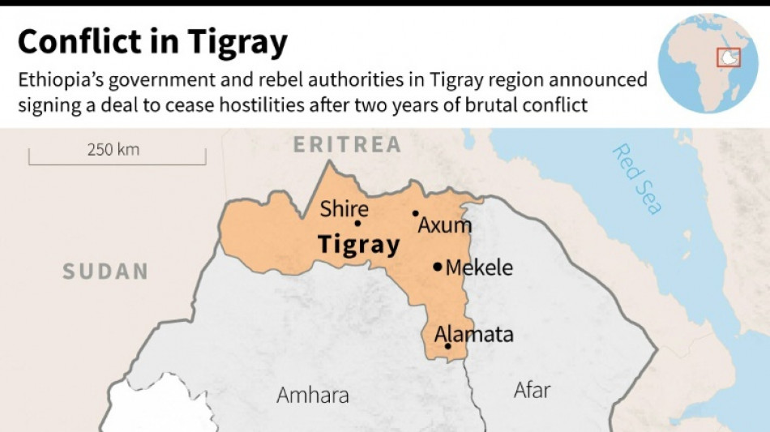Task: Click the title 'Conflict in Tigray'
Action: (x=152, y=42)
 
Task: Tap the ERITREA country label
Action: (x=347, y=145)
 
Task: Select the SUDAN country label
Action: (x=105, y=272)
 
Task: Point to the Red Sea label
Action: (x=637, y=179)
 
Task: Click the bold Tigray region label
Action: (x=358, y=245)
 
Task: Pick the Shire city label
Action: (x=344, y=209)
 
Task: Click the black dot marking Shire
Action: (x=357, y=224)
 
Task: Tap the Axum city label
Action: (x=444, y=225)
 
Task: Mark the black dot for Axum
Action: (x=416, y=214)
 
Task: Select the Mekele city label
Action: (x=479, y=267)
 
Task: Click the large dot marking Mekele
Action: (x=438, y=266)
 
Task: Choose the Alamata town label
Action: (x=474, y=334)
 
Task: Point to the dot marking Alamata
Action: (x=448, y=346)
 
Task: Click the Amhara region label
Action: (x=313, y=396)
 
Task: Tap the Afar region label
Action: (x=532, y=390)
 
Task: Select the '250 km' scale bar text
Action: (x=113, y=149)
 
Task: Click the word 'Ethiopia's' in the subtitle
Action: (x=62, y=79)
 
